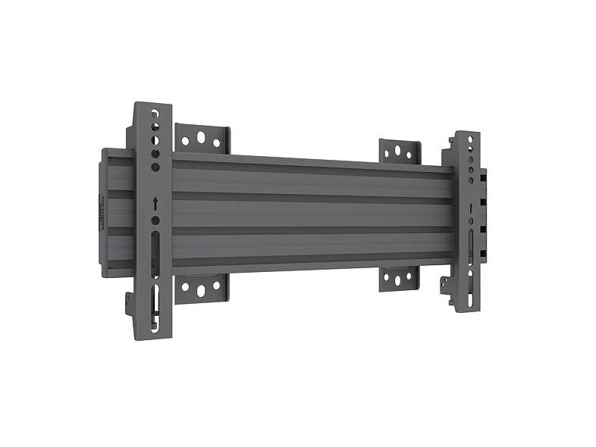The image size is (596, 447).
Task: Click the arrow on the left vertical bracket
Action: (x=155, y=204)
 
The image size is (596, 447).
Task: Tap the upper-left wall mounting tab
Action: (x=202, y=139)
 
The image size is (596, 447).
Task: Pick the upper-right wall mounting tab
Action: (x=400, y=152)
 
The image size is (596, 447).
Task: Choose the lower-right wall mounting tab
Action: (x=400, y=278)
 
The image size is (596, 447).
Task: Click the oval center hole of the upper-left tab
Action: (x=202, y=139)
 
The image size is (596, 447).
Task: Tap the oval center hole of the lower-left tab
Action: (x=202, y=290)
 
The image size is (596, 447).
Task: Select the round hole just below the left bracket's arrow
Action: (x=155, y=220)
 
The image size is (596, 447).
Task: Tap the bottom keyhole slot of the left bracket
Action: (x=155, y=307)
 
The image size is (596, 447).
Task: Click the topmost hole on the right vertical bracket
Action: (x=470, y=140)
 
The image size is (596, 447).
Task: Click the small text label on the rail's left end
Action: (x=102, y=212)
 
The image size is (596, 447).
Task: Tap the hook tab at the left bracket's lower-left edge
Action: (x=130, y=303)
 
